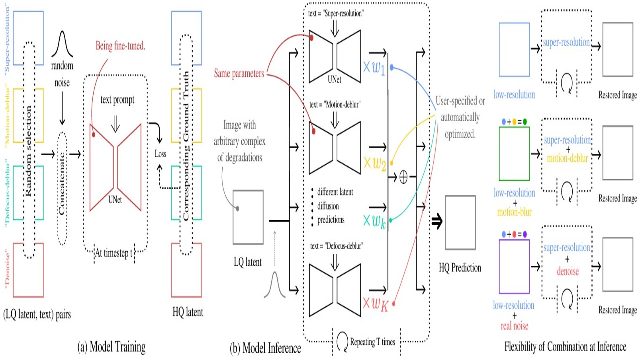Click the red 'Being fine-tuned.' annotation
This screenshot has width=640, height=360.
coord(120,46)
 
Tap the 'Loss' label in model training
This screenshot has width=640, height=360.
coord(160,154)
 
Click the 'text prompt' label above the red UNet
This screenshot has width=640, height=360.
coord(117,100)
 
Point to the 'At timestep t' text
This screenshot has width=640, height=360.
coord(114,253)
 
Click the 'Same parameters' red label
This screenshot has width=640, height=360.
coord(239,73)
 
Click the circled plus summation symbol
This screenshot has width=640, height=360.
coord(403,177)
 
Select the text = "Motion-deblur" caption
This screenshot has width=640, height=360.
coord(335,105)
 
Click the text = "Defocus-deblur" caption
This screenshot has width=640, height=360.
coord(337,246)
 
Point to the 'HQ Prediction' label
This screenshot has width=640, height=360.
coord(460,268)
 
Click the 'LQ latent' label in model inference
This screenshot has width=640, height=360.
coord(248,262)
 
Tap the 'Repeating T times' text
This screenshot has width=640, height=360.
coord(372,342)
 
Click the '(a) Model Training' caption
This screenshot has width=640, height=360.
coord(111,347)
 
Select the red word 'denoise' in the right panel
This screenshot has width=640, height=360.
coord(568,271)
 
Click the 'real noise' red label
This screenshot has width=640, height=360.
coord(514,326)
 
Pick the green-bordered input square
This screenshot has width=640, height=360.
coord(514,154)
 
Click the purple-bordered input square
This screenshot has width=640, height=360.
coord(514,266)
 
